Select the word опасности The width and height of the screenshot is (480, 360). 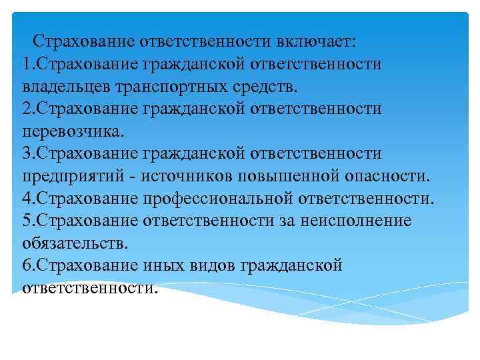click(x=390, y=177)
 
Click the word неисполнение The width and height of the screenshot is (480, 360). click(x=355, y=221)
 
